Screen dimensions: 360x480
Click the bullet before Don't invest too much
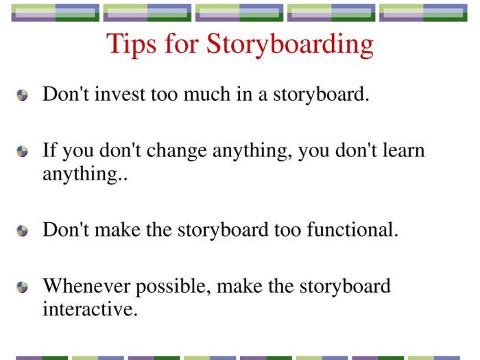(23, 96)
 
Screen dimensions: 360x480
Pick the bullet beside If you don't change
(23, 152)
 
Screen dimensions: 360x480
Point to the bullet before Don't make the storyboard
(23, 231)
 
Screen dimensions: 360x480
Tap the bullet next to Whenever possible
(23, 287)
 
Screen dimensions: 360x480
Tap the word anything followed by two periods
(75, 174)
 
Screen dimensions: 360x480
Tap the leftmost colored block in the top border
(56, 13)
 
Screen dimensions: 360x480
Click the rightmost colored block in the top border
(423, 13)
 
